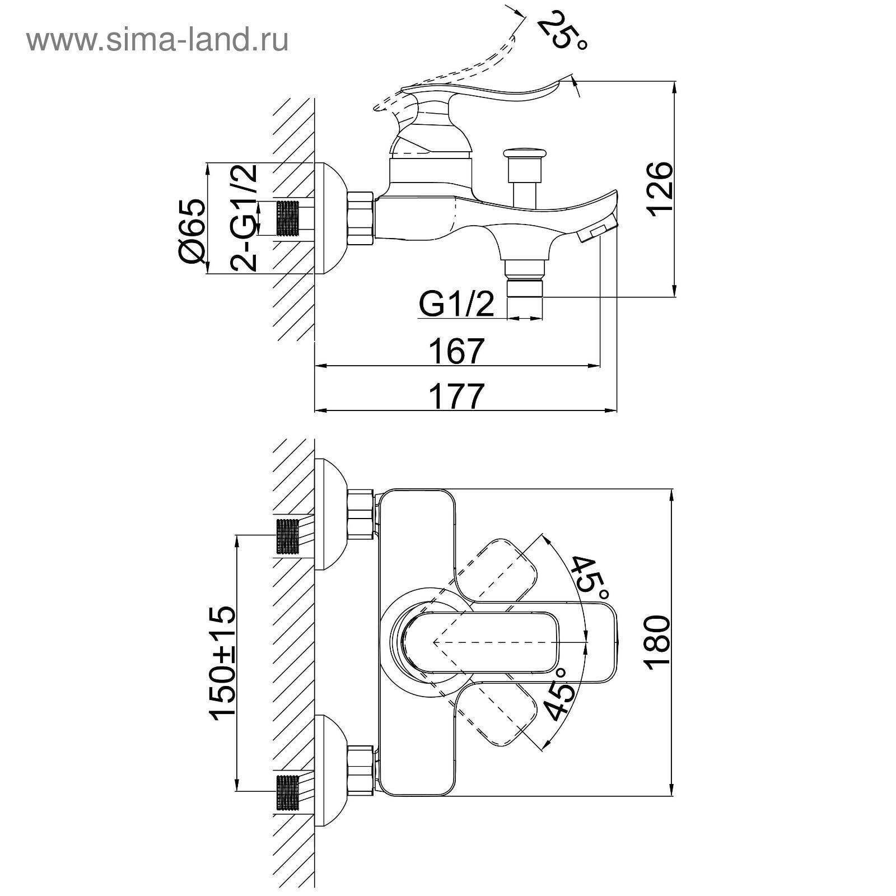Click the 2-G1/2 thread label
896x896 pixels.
point(245,217)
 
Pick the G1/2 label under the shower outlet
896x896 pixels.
point(456,305)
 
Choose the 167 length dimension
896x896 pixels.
point(456,351)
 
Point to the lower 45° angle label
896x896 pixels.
point(560,693)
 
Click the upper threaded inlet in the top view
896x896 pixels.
point(288,536)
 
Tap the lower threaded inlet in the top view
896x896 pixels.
point(288,792)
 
